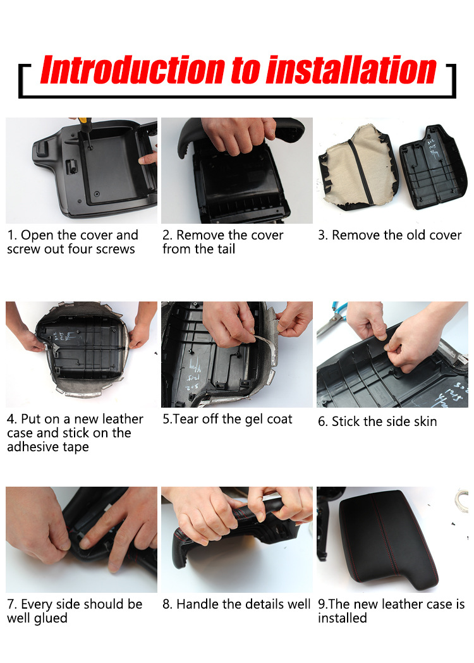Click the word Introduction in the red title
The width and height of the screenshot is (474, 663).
(x=133, y=70)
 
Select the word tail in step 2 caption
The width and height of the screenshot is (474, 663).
(x=226, y=249)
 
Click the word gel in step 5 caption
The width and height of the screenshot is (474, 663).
(x=255, y=420)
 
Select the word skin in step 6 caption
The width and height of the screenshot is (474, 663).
(x=423, y=422)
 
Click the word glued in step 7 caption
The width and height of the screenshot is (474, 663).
(x=51, y=619)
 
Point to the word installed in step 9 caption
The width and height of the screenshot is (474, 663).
(x=343, y=618)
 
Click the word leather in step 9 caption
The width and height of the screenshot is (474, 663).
(x=403, y=604)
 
